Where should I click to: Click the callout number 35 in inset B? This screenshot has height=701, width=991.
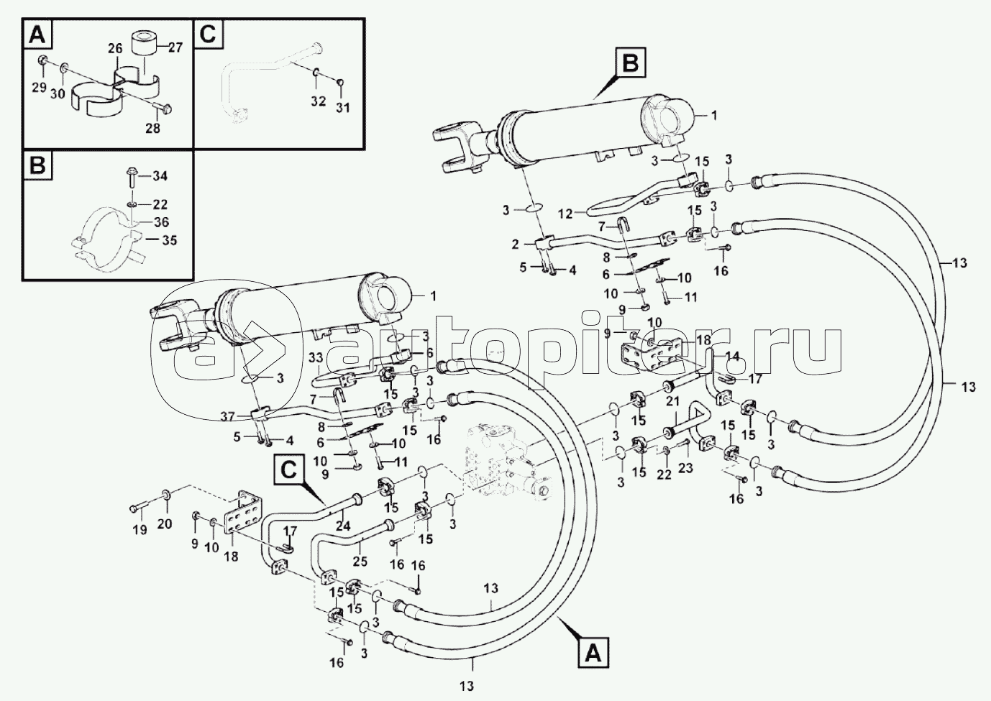pyautogui.click(x=169, y=239)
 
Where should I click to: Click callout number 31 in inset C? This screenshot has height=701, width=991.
pyautogui.click(x=343, y=108)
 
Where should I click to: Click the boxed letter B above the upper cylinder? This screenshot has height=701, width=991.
pyautogui.click(x=629, y=63)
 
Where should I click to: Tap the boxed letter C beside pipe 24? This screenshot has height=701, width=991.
pyautogui.click(x=288, y=469)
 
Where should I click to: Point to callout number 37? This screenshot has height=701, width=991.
pyautogui.click(x=227, y=416)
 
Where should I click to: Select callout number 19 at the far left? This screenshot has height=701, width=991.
pyautogui.click(x=140, y=529)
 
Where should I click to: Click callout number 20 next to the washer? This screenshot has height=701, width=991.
pyautogui.click(x=165, y=523)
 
